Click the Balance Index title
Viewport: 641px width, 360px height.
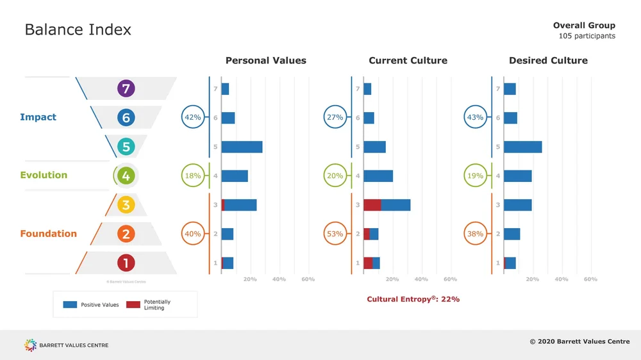[x=78, y=29]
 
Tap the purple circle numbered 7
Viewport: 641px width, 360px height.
[x=126, y=88]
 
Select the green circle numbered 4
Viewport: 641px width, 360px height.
[x=126, y=176]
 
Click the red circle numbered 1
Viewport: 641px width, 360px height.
[x=126, y=263]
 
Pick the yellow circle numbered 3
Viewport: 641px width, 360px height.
[x=126, y=205]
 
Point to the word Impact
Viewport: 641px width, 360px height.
[x=38, y=117]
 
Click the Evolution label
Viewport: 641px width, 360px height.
[x=44, y=176]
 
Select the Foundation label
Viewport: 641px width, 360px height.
[x=48, y=234]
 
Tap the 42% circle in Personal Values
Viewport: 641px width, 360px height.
[x=193, y=117]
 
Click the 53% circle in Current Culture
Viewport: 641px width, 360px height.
[x=335, y=234]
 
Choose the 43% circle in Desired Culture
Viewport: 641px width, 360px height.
[x=476, y=117]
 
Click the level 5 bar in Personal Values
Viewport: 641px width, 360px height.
[x=242, y=147]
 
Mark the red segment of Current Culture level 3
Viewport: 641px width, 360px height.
[x=372, y=205]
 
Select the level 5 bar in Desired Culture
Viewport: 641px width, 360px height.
[x=522, y=147]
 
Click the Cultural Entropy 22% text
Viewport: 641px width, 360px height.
[x=413, y=299]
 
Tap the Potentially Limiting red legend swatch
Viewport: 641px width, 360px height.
[x=133, y=305]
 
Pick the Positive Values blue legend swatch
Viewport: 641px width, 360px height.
[x=70, y=305]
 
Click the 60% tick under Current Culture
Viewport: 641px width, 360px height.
[x=450, y=279]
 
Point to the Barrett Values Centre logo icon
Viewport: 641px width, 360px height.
[x=31, y=345]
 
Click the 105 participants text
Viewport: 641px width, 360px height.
[x=587, y=36]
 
